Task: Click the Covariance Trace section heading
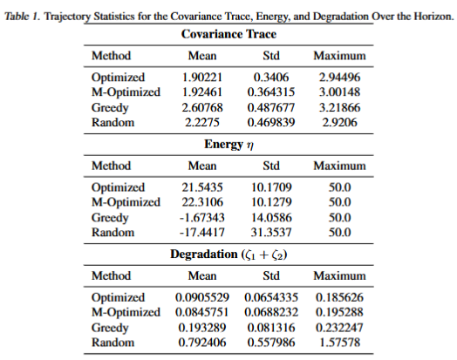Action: [228, 35]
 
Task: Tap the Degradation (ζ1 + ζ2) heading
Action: [228, 254]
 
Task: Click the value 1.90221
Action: [202, 78]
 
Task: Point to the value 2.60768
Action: [202, 106]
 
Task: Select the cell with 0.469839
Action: [270, 121]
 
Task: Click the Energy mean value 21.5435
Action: [202, 187]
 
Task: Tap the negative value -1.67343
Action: [202, 216]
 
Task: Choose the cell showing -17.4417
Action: [202, 230]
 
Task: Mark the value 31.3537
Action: [270, 230]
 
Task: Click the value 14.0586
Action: [270, 216]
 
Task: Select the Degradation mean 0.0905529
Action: [202, 297]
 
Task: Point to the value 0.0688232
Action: [270, 311]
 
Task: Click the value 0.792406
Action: [202, 340]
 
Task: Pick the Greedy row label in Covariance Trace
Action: [111, 106]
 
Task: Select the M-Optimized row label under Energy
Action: [126, 201]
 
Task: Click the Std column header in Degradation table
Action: [270, 275]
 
